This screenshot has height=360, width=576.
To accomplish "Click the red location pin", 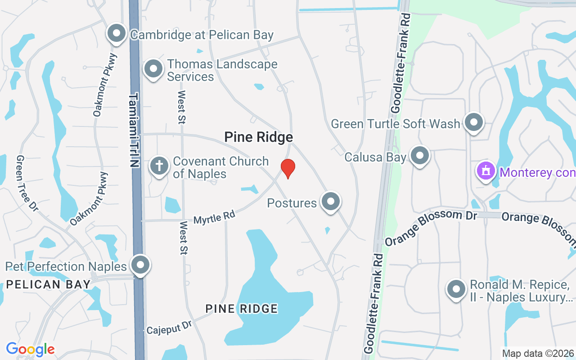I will [x=288, y=168].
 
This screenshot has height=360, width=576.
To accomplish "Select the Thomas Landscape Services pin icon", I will [x=153, y=69].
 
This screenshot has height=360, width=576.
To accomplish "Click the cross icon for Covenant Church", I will [x=159, y=165].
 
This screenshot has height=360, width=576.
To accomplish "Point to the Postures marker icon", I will [x=331, y=201].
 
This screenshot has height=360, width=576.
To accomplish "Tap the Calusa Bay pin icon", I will [x=420, y=156].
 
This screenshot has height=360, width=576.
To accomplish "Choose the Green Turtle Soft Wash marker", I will [x=473, y=121].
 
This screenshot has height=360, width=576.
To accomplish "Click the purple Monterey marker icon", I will [x=486, y=171].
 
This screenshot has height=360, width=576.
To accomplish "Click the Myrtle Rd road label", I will [x=214, y=218].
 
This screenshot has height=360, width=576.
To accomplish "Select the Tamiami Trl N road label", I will [x=134, y=130].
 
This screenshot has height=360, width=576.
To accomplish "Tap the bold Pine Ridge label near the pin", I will [x=258, y=137].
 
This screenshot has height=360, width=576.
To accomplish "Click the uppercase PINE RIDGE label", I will [x=242, y=309].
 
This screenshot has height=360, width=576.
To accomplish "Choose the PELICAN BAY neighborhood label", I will [x=49, y=284].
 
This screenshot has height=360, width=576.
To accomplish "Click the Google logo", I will [x=30, y=349].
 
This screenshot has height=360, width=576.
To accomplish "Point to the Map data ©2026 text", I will [x=538, y=353].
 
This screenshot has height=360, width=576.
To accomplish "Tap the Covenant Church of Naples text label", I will [x=220, y=167].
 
